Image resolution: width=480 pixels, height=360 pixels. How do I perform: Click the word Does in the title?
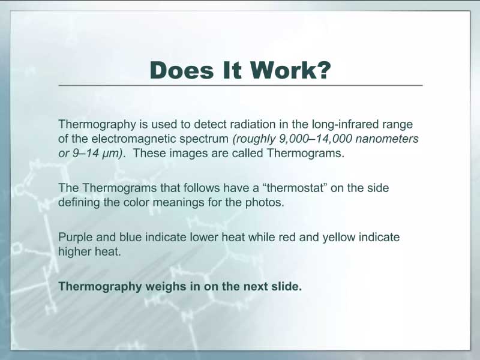pyautogui.click(x=181, y=70)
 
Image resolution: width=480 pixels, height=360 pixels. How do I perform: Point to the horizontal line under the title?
pyautogui.click(x=241, y=85)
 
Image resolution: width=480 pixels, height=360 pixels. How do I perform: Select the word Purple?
pyautogui.click(x=76, y=238)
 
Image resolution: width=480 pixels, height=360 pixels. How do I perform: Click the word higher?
pyautogui.click(x=74, y=252)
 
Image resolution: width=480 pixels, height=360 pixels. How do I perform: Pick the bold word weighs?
pyautogui.click(x=166, y=287)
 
